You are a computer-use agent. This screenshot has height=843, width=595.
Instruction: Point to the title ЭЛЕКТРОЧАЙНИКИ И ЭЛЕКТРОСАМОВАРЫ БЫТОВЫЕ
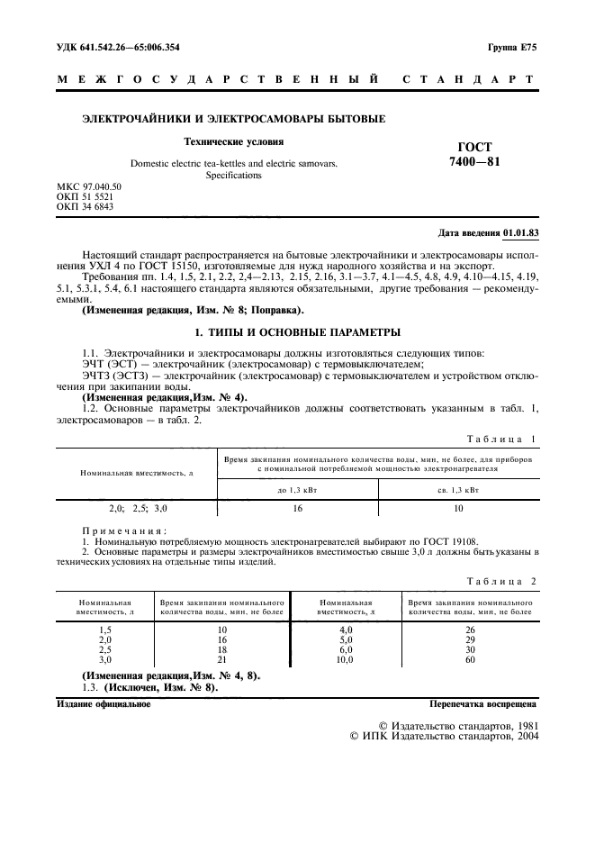click(x=234, y=118)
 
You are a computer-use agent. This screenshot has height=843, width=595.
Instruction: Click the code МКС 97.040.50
click(x=88, y=186)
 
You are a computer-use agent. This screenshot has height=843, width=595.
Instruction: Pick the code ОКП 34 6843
click(x=86, y=206)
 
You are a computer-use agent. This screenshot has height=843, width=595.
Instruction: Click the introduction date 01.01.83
click(x=520, y=232)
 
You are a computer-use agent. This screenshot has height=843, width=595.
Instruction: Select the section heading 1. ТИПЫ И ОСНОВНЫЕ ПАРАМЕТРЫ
click(x=297, y=331)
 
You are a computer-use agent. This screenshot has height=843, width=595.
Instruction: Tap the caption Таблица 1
click(x=502, y=439)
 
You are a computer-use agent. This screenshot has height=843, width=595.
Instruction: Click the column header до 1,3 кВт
click(x=296, y=489)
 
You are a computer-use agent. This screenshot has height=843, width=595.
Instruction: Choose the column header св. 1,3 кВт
click(x=457, y=489)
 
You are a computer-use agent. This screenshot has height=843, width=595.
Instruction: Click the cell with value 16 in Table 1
click(x=296, y=509)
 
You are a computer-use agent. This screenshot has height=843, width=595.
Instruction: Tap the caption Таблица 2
click(x=502, y=581)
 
